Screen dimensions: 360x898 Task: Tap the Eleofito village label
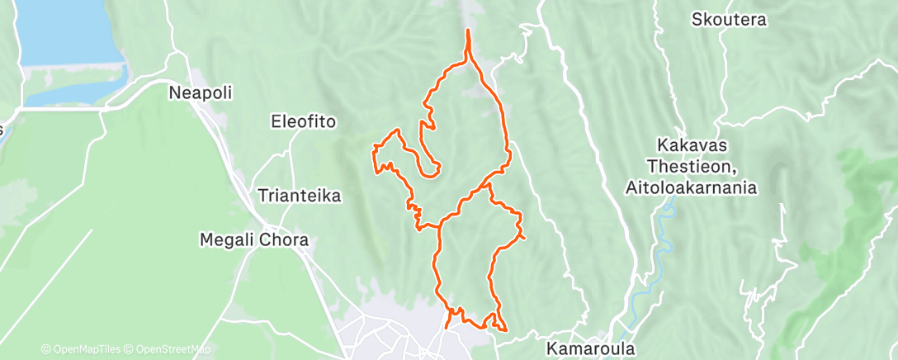[304, 121]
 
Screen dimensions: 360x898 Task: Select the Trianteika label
[299, 197]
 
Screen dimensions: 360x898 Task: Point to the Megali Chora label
[254, 240]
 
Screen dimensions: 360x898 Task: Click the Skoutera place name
[729, 19]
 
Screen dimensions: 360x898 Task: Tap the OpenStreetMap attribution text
[168, 350]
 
